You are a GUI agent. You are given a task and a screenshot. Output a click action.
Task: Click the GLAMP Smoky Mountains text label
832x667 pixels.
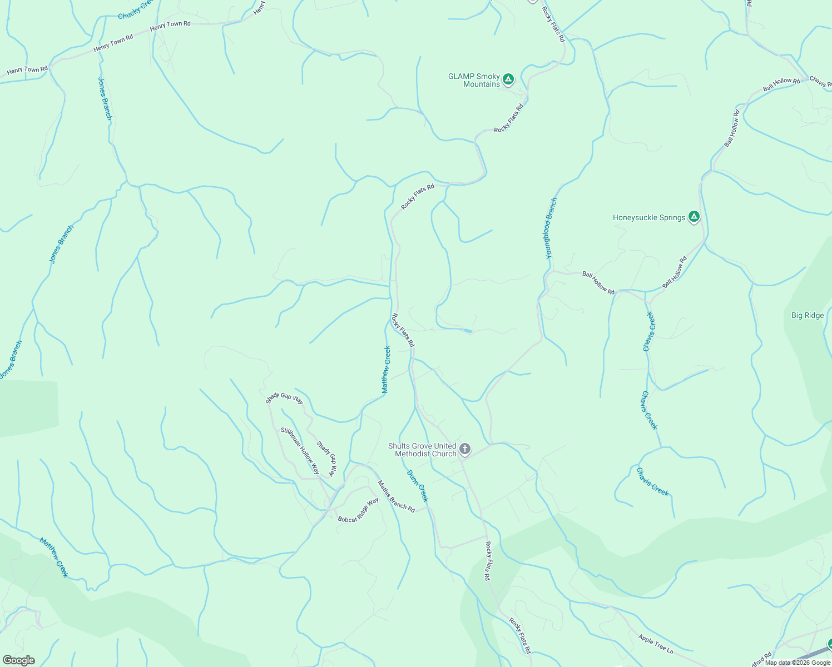click(x=474, y=80)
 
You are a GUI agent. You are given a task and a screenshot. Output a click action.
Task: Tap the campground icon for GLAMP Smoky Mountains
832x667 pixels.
click(x=508, y=80)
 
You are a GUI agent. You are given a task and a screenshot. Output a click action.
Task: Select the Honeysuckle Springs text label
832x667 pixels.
click(x=649, y=217)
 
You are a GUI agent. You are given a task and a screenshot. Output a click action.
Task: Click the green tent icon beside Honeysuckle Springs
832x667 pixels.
click(x=694, y=217)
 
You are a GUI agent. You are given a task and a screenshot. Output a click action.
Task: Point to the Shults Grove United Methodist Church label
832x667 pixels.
click(x=422, y=450)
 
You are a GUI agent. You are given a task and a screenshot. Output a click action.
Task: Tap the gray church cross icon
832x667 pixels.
click(x=465, y=449)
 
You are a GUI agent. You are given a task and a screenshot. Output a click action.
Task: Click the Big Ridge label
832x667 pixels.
click(x=808, y=315)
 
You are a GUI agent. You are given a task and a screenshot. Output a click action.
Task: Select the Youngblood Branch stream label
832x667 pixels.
click(x=551, y=228)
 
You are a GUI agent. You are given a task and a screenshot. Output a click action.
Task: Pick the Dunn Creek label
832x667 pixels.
click(x=418, y=486)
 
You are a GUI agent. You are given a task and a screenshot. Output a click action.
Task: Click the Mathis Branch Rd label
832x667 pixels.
click(x=397, y=496)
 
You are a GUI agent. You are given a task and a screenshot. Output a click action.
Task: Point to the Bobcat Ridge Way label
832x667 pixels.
click(x=358, y=510)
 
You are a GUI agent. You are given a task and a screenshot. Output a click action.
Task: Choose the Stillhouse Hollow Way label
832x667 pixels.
click(x=300, y=450)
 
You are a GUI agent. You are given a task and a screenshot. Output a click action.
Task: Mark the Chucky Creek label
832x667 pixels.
click(x=135, y=10)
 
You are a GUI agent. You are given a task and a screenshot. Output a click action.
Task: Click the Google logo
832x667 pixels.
click(x=18, y=660)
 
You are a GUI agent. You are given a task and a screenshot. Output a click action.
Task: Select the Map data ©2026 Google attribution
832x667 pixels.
click(x=798, y=663)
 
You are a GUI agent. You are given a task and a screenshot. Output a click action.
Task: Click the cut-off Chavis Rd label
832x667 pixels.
click(x=821, y=81)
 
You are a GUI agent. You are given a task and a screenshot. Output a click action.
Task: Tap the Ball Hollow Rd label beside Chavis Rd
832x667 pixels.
click(x=781, y=84)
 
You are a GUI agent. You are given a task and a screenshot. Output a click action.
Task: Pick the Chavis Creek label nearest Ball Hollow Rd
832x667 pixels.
click(x=649, y=331)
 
